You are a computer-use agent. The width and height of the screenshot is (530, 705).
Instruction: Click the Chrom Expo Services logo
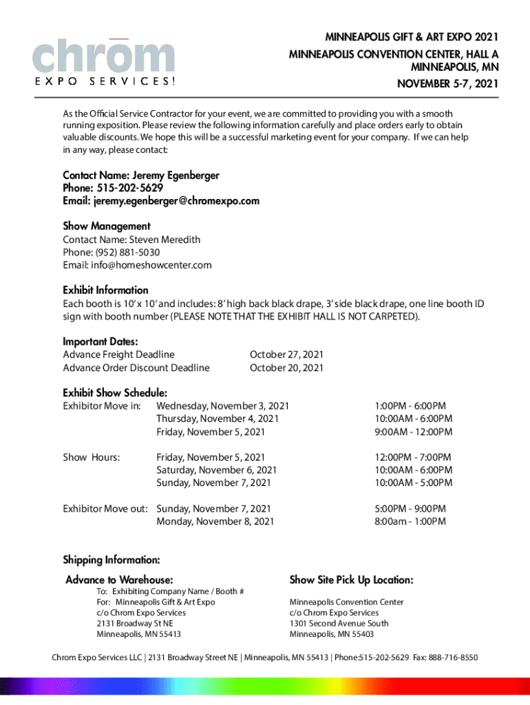coord(104,61)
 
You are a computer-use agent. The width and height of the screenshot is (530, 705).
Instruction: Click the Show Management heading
coord(107,226)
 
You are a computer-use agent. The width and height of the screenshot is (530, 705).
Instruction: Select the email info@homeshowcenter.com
coord(151,265)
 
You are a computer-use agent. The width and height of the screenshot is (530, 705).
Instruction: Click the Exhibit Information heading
coord(105,290)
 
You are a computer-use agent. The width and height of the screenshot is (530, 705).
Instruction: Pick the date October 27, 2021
coord(286,355)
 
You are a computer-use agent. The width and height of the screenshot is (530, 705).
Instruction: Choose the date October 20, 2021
coord(286,368)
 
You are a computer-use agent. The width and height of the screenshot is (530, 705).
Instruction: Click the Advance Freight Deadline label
coord(118,355)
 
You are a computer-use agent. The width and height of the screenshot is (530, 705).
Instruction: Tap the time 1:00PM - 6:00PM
coord(410,406)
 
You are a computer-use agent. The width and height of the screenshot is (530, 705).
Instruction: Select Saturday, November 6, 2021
coord(216,470)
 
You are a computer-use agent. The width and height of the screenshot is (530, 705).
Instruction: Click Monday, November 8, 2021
coord(215,521)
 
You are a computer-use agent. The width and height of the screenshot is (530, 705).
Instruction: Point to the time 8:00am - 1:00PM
coord(410,521)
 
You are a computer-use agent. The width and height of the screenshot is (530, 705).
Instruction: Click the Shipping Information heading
coord(112,559)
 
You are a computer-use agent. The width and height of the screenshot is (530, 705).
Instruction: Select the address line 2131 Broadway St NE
coord(135,623)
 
